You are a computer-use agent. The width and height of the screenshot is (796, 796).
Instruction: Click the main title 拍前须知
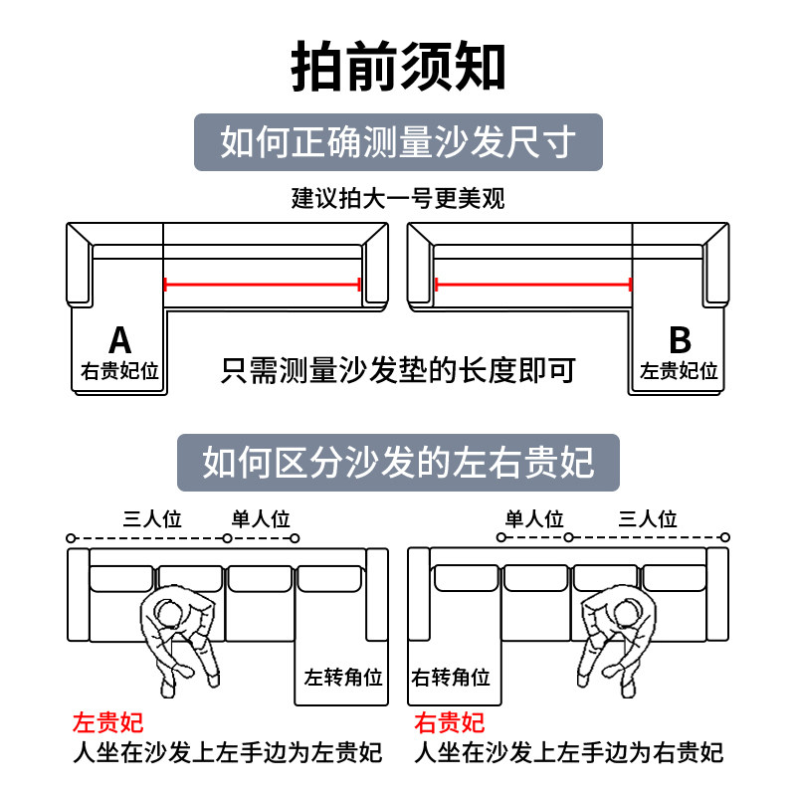click(x=398, y=68)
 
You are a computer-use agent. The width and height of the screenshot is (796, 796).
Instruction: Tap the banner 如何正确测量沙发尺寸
click(x=398, y=142)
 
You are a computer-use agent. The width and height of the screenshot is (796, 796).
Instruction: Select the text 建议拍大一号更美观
click(x=398, y=198)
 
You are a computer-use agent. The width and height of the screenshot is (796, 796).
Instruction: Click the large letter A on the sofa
click(x=119, y=340)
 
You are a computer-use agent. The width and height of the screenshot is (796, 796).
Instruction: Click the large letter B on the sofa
click(x=680, y=340)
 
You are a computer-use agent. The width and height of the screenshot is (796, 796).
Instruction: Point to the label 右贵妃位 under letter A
click(x=119, y=372)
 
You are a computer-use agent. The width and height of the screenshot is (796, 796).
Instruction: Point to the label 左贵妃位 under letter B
click(x=680, y=372)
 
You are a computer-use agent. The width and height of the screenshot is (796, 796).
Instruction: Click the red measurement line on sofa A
click(x=262, y=285)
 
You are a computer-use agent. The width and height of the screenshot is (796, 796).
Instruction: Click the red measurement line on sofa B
click(x=533, y=285)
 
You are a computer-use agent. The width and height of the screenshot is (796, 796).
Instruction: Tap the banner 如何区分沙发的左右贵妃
click(x=398, y=462)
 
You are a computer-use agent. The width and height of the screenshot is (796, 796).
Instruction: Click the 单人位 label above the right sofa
click(x=534, y=518)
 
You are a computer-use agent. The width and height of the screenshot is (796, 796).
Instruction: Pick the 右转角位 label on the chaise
click(x=452, y=679)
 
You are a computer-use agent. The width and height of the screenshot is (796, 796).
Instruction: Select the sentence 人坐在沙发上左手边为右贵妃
click(x=568, y=753)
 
